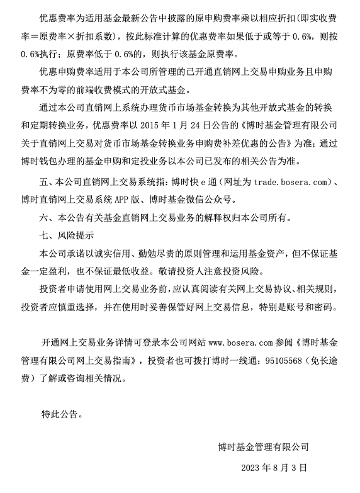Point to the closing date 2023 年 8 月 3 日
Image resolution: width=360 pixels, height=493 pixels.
(274, 469)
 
